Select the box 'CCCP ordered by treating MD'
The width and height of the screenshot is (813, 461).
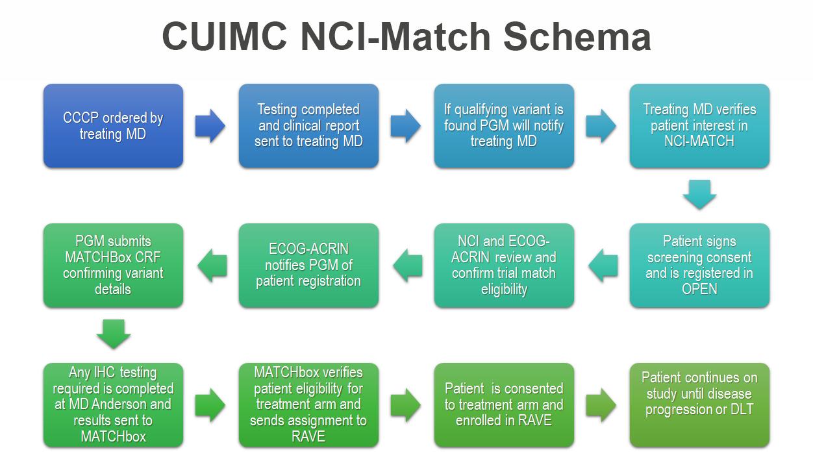(113, 126)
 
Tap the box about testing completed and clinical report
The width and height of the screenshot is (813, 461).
(308, 126)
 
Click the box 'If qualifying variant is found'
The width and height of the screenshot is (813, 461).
(504, 126)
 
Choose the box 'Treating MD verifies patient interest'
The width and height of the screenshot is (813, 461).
(699, 126)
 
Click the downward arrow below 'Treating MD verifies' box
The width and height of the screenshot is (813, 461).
(699, 194)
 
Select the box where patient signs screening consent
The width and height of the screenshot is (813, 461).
(699, 265)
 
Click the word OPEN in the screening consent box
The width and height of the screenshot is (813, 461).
(699, 290)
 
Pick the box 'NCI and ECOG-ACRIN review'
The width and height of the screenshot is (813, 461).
(504, 265)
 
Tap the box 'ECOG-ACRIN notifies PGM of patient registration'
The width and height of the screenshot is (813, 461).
(308, 265)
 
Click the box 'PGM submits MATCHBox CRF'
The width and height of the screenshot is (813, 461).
(113, 265)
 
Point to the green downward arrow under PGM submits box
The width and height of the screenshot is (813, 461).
(113, 334)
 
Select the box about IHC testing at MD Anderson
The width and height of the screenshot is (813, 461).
(113, 405)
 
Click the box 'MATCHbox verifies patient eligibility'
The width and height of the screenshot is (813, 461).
(308, 405)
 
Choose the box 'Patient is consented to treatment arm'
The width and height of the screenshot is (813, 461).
(504, 405)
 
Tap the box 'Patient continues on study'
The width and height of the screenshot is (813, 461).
(699, 405)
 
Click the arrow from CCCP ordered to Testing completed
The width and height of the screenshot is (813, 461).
(210, 126)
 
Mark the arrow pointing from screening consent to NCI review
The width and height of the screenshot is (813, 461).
(602, 266)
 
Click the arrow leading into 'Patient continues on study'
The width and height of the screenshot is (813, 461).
(601, 405)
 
